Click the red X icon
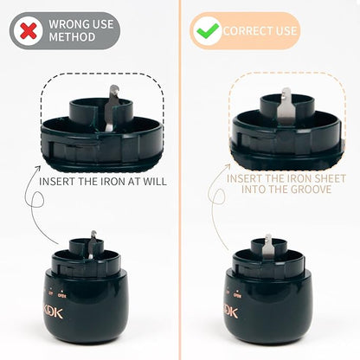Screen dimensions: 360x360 pyautogui.click(x=29, y=31)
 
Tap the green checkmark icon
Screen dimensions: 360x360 pyautogui.click(x=207, y=30)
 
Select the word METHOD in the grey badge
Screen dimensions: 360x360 pyautogui.click(x=72, y=37)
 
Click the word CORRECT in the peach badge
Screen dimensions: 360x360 pyautogui.click(x=248, y=31)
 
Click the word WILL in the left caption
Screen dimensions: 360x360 pyautogui.click(x=157, y=182)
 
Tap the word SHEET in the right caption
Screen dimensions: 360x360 pyautogui.click(x=330, y=178)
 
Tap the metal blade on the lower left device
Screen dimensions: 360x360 pyautogui.click(x=92, y=245)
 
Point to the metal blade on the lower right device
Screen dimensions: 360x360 pyautogui.click(x=268, y=246)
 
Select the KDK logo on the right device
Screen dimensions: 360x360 pyautogui.click(x=230, y=312)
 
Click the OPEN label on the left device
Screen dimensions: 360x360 pyautogui.click(x=62, y=295)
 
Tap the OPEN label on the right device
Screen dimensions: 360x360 pyautogui.click(x=237, y=295)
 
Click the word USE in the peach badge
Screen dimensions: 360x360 pyautogui.click(x=286, y=31)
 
